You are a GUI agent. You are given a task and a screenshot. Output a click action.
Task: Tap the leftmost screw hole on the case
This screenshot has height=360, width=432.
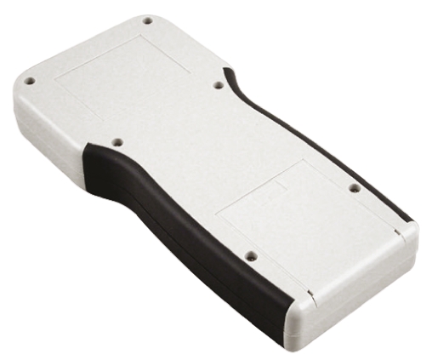pyautogui.click(x=30, y=81)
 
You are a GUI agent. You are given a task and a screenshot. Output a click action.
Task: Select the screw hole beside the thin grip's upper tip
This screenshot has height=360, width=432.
pyautogui.click(x=218, y=85)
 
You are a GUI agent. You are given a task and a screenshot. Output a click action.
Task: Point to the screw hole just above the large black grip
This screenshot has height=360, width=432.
pyautogui.click(x=117, y=142)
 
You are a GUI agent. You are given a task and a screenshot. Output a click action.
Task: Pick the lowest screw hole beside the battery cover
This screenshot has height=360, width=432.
pyautogui.click(x=250, y=254)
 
